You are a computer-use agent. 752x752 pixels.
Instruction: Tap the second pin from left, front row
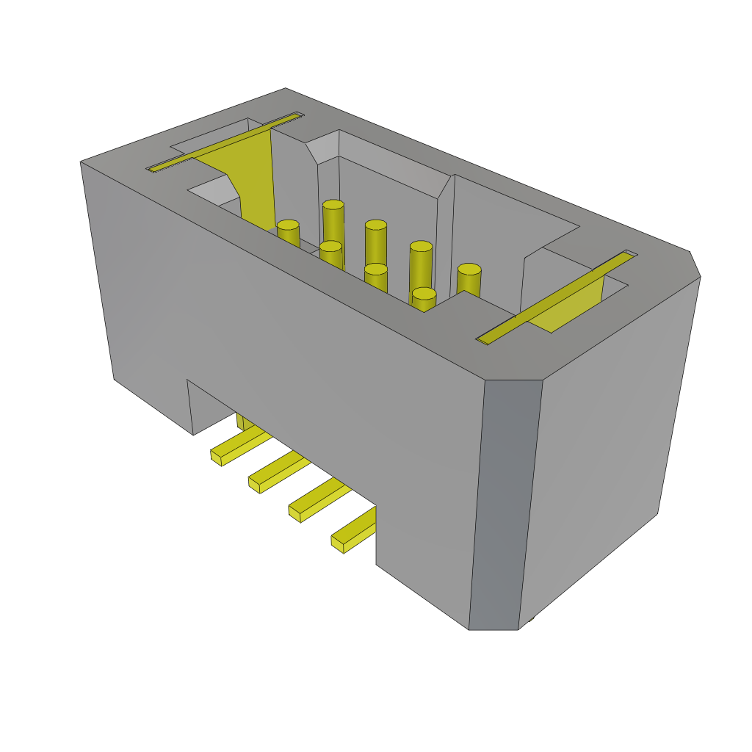[x=330, y=253]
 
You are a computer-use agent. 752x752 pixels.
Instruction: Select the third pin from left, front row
[x=375, y=277]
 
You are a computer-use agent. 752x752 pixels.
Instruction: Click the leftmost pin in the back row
[x=333, y=220]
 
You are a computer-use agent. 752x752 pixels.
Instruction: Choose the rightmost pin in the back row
[x=469, y=280]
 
